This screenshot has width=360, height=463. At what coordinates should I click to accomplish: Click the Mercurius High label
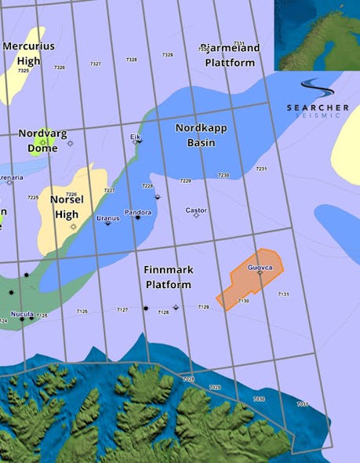[28, 53]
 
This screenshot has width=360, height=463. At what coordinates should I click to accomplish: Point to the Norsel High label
[66, 206]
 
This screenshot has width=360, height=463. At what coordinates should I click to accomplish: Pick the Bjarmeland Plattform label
[230, 54]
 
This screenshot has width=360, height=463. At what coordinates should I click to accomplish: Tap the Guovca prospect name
[260, 268]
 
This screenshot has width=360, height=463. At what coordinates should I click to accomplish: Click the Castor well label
[196, 210]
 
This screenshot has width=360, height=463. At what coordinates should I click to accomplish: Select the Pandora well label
[138, 212]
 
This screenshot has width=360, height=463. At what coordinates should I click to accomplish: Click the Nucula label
[21, 314]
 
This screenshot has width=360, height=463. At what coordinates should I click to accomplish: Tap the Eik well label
[135, 137]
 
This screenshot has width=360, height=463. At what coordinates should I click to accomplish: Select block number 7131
[283, 294]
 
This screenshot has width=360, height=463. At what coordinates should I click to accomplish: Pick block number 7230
[224, 175]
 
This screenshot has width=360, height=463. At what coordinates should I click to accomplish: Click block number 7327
[96, 64]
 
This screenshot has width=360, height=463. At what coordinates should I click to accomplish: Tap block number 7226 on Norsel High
[71, 194]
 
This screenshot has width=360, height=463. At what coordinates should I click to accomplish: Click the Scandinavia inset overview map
[317, 35]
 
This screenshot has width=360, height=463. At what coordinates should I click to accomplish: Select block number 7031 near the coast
[301, 404]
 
